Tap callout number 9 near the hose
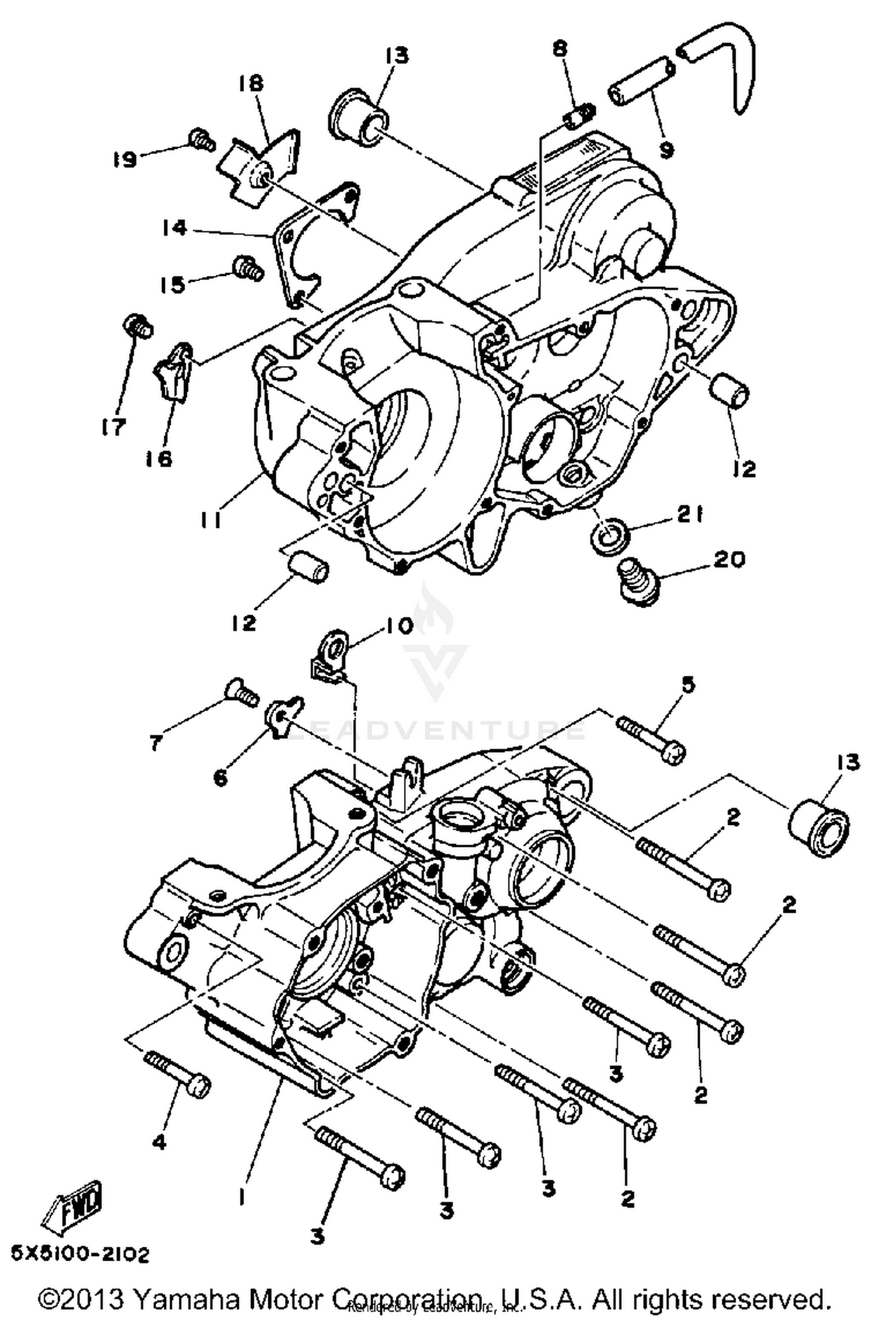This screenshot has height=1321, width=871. (666, 150)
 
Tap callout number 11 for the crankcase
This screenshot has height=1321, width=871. (210, 521)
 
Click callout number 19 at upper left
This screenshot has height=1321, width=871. (125, 158)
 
